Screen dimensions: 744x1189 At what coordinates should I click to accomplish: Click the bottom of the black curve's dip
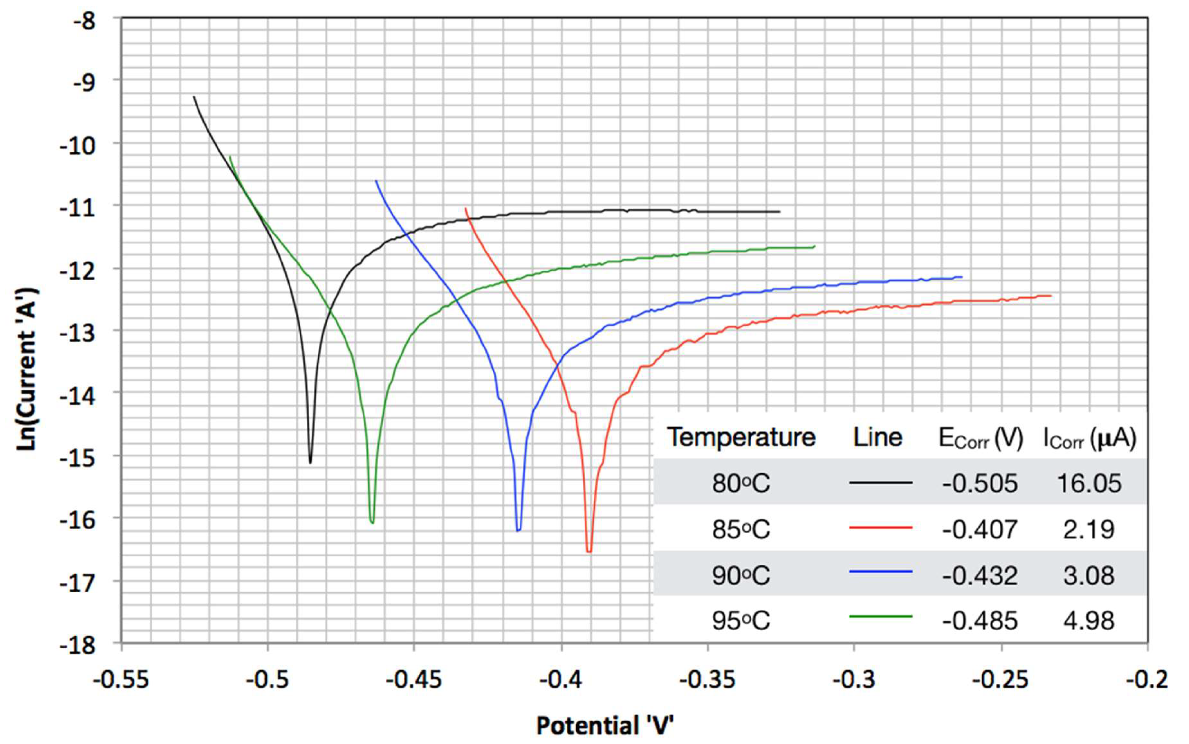coord(310,463)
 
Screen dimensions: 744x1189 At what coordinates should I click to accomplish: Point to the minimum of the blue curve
coord(518,530)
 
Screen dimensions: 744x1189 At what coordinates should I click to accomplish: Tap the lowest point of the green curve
coord(372,523)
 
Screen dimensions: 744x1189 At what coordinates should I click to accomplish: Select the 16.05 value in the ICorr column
coord(1089,483)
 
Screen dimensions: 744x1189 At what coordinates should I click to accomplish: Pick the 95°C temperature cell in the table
coord(740,620)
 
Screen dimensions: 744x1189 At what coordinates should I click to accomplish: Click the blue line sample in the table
coord(880,571)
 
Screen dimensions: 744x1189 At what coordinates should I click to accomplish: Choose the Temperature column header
coord(741,437)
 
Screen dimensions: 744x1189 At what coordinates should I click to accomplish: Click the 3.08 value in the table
coord(1089,575)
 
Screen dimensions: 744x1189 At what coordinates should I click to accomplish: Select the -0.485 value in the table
coord(979,620)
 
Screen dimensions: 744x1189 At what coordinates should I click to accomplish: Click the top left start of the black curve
coord(194,97)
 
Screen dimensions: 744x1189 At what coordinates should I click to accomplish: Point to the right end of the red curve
coord(1051,296)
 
